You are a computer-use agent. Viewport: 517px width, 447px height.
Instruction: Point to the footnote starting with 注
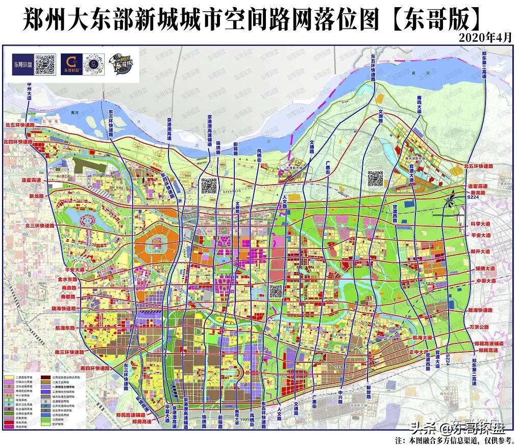pyautogui.click(x=454, y=439)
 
